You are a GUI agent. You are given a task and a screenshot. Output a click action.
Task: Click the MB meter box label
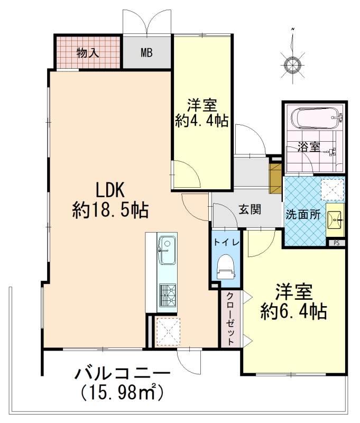coord(147,52)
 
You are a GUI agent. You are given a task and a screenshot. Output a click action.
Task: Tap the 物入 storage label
coord(88,52)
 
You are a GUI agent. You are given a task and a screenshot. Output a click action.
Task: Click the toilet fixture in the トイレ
coord(226,267)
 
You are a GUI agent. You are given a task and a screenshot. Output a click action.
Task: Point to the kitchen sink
coord(167,250)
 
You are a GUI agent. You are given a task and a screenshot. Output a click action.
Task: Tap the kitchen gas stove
coord(168,295)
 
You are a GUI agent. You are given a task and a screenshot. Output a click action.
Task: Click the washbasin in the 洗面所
coord(335,220)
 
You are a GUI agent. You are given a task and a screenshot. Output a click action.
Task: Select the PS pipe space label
coord(336,243)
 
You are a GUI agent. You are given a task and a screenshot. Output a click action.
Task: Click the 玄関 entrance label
coord(250,209)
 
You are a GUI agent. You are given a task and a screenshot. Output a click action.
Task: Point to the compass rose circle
coord(292,65)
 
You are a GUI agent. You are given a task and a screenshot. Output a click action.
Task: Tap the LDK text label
coord(111,190)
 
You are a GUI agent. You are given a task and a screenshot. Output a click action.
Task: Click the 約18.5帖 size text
coord(110,210)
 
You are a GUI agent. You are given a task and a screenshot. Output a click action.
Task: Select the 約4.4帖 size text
coord(202,121)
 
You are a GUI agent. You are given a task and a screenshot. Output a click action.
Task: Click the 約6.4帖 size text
coord(294,312)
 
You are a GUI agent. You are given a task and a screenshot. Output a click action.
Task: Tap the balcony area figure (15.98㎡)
coord(122,392)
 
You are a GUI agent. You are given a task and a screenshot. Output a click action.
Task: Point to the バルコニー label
coord(123,374)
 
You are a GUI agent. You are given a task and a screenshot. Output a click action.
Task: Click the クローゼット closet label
coord(230,319)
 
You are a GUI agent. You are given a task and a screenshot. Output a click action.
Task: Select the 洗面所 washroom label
coord(303,215)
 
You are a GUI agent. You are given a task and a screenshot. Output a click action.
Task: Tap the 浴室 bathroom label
coord(309,147)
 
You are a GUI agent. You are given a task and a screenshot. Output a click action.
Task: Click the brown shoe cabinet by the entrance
coord(275,178)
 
